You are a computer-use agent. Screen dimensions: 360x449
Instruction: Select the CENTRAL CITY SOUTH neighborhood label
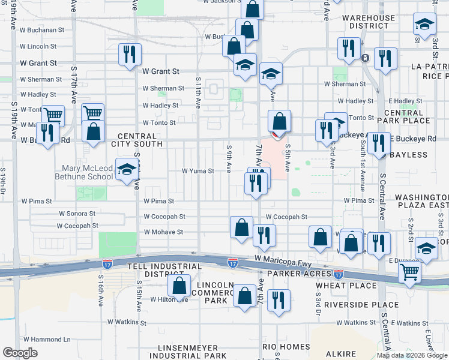(140, 140)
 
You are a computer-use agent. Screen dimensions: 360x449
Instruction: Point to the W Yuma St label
(198, 171)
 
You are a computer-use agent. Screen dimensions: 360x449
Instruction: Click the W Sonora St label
(77, 214)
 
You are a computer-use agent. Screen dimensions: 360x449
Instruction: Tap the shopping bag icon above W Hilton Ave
(179, 287)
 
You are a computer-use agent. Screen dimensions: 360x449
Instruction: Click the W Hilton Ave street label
(169, 299)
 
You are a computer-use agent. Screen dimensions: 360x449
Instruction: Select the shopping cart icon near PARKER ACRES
(409, 271)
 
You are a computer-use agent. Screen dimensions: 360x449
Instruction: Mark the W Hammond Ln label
(44, 340)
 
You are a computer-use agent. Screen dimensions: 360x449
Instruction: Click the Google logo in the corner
(20, 353)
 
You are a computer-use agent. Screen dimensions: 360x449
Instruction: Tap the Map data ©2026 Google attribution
(411, 355)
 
